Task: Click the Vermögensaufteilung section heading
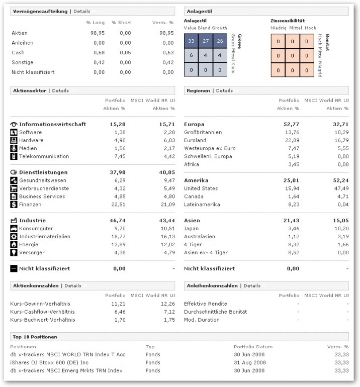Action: click(x=39, y=11)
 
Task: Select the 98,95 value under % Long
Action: click(x=98, y=33)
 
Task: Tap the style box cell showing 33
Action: click(x=191, y=41)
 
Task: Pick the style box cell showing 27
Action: click(x=205, y=41)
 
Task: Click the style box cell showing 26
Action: click(x=220, y=41)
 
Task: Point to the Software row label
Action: click(x=31, y=132)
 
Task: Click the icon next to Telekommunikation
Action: click(x=14, y=156)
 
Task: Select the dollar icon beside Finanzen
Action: click(x=14, y=204)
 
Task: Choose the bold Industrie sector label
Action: click(x=32, y=220)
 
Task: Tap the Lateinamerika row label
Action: click(x=202, y=205)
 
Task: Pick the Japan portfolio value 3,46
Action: click(x=293, y=228)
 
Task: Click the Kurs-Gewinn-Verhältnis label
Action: click(x=40, y=304)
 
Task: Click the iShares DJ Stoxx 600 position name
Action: click(x=49, y=362)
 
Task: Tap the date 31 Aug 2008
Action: click(x=250, y=362)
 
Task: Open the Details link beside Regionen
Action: click(x=224, y=90)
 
